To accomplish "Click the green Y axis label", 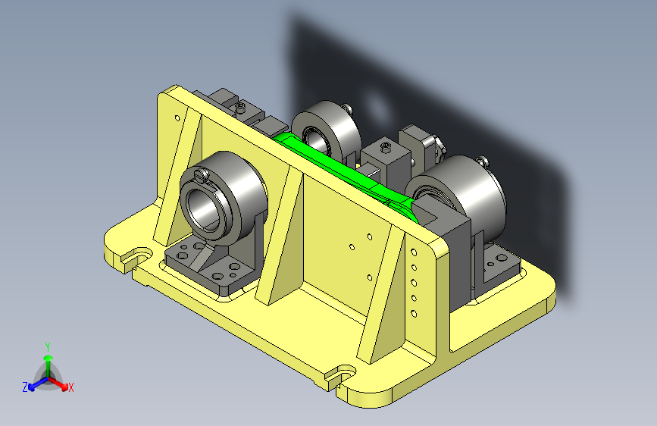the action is click(x=48, y=347).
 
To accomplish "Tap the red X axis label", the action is click(x=70, y=387).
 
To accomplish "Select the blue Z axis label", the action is click(x=25, y=387).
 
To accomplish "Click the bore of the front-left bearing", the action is click(x=203, y=207).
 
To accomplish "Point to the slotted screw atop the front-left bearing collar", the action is click(x=202, y=174).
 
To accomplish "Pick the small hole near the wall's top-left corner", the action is click(x=177, y=118).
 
